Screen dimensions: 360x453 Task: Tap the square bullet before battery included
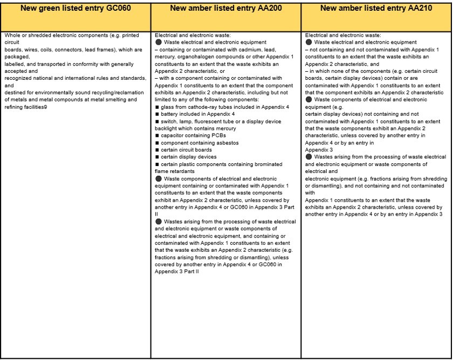click(157, 114)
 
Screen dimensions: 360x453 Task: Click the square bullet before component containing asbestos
click(157, 143)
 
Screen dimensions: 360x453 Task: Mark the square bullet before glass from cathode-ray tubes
click(157, 107)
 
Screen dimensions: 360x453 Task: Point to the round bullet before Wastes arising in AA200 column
click(158, 221)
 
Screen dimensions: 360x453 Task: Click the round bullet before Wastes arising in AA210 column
click(308, 157)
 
